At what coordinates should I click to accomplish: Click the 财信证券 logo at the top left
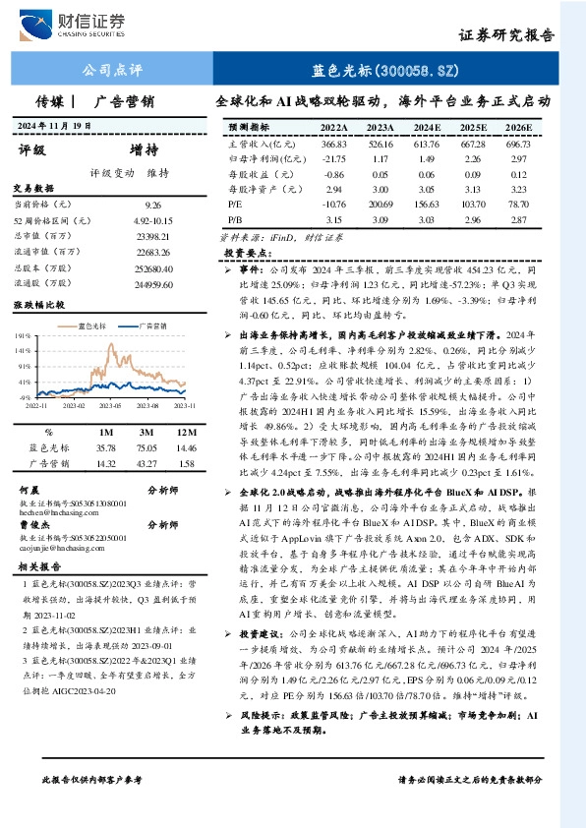[80, 23]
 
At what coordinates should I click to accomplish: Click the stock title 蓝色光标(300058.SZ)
[385, 70]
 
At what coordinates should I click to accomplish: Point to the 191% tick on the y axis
[22, 335]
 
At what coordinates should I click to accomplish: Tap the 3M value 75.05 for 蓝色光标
[148, 447]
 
